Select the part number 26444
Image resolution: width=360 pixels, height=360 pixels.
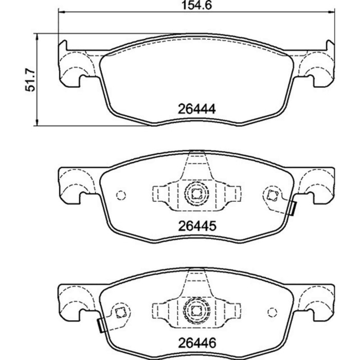tap(196, 109)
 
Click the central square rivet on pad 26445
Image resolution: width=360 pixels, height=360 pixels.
tap(196, 194)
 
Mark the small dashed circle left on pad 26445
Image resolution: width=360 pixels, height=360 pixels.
tap(121, 195)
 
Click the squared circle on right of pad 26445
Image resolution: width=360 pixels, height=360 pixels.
tap(271, 194)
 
